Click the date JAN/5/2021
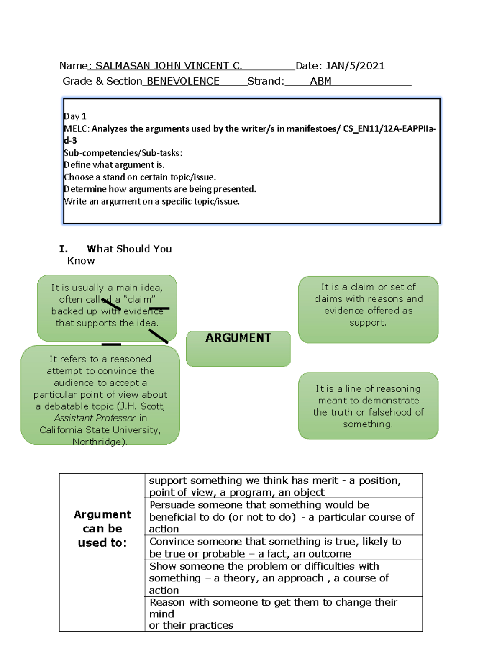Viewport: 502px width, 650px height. pos(355,66)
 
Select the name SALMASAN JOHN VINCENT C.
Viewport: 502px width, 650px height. pos(168,66)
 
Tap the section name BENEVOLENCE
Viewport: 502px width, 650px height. pos(183,81)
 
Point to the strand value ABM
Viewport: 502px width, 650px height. pos(320,81)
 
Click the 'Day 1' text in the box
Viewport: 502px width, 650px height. pos(75,116)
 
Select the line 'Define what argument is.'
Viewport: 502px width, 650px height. pos(114,165)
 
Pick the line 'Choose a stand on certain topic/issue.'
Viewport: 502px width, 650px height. pos(140,177)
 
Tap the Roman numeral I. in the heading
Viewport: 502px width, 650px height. pos(63,249)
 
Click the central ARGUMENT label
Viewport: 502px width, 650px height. pos(238,338)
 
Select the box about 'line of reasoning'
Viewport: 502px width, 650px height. pos(368,406)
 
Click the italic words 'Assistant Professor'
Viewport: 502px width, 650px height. pos(95,418)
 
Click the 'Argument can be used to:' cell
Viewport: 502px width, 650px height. pos(102,528)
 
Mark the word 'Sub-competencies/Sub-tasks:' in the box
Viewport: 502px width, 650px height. pos(123,153)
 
